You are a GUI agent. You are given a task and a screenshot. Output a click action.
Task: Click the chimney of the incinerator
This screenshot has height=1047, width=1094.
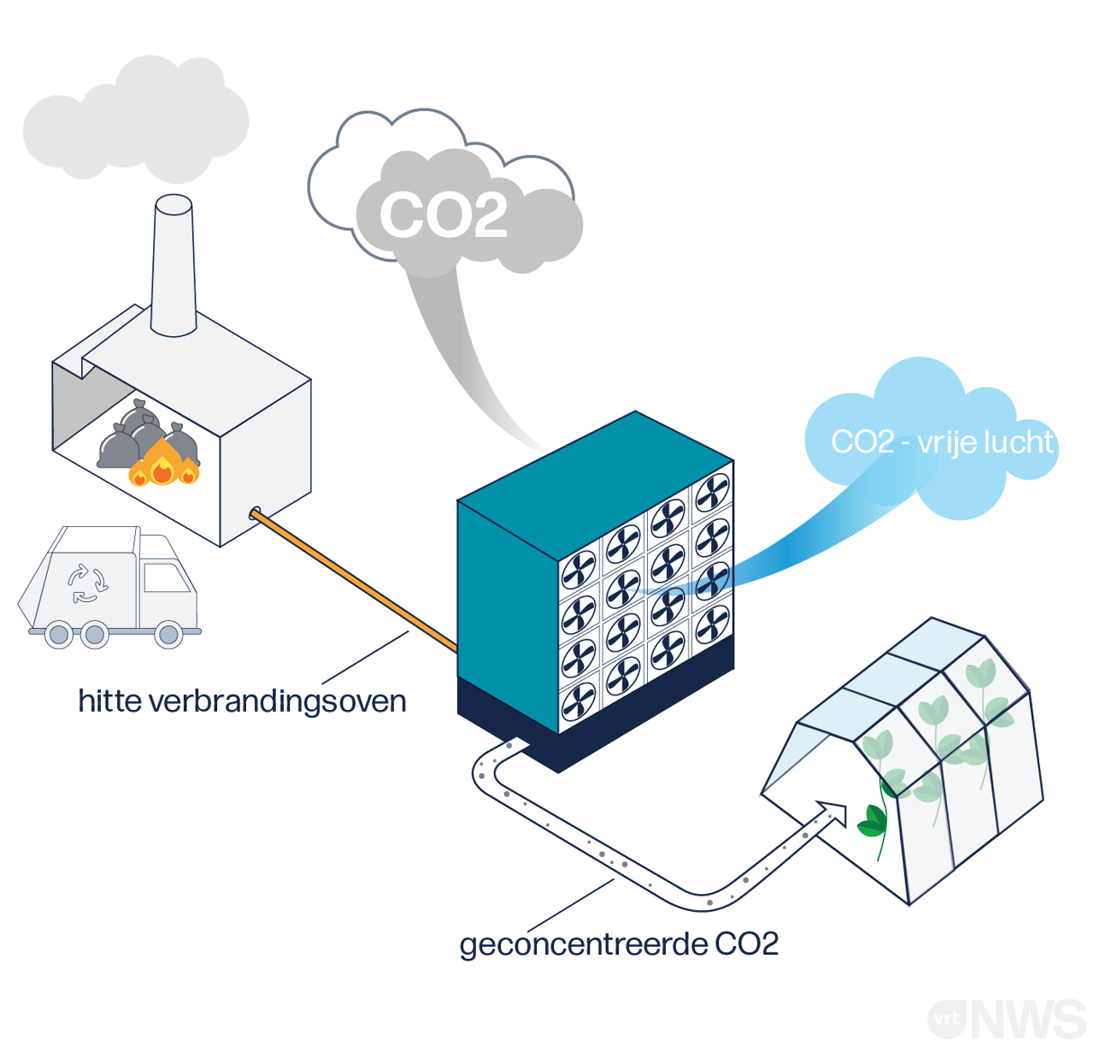174,265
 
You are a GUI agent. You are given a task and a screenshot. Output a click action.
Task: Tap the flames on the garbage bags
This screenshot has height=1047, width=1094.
162,466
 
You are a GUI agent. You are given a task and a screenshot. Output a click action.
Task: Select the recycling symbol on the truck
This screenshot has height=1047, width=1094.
87,583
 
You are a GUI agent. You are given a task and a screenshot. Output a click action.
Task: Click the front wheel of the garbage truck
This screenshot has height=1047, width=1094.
168,635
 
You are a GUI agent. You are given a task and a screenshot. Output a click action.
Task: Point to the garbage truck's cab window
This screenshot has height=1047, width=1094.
166,577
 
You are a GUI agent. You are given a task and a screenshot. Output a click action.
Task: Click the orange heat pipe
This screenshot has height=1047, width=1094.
355,583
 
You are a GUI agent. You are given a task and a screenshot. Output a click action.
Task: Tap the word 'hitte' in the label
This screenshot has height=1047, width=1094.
109,701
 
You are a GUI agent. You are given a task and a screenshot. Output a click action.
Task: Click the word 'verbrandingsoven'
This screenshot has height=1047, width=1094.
277,701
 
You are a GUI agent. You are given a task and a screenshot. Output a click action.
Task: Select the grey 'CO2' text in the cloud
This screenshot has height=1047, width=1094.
444,215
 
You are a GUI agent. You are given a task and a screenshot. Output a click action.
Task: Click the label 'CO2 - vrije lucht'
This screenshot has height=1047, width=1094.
942,442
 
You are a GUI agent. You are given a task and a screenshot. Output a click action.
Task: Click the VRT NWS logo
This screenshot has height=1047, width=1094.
1005,1019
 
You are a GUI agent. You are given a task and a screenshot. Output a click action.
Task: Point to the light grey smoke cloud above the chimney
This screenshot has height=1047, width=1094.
137,120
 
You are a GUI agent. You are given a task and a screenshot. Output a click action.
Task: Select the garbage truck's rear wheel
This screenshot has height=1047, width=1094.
58,635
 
